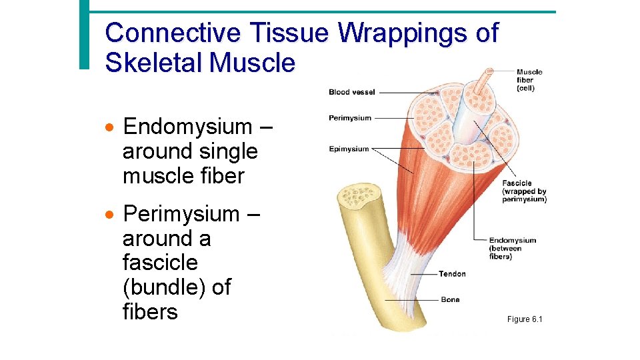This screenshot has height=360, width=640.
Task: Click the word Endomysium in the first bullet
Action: [x=188, y=126]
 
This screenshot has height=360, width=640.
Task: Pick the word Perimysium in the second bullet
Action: [x=181, y=214]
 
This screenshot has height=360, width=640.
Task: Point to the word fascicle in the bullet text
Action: [x=160, y=263]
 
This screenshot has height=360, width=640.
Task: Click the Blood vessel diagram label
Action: [x=351, y=92]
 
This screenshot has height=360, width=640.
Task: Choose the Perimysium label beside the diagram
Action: [x=350, y=118]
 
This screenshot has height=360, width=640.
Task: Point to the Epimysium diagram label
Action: [x=349, y=149]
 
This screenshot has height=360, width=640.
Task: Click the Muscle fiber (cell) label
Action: [x=529, y=80]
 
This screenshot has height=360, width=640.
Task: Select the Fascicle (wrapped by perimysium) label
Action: [x=524, y=191]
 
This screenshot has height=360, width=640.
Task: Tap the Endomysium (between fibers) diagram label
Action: [x=512, y=248]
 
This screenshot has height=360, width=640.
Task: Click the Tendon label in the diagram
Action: [x=452, y=274]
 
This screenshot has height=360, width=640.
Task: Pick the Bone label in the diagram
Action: [x=450, y=299]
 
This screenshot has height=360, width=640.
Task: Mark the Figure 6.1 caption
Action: [x=525, y=320]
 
